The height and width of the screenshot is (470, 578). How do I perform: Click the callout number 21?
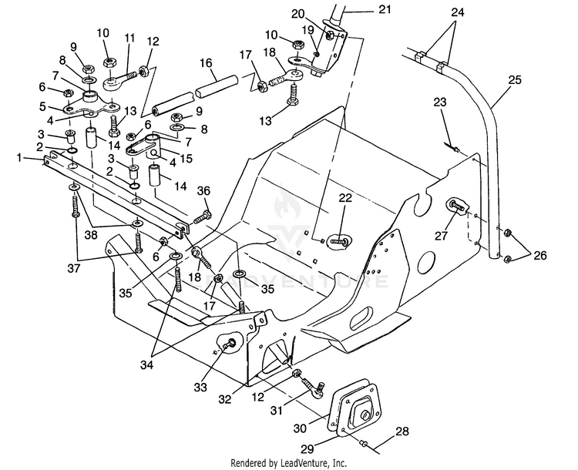coord(385,9)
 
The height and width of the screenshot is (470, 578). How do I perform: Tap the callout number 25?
coord(516,79)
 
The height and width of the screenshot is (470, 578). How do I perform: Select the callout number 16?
coord(206,63)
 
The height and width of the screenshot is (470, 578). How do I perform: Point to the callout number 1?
coord(19,158)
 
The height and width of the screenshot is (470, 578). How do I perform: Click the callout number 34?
coord(146,365)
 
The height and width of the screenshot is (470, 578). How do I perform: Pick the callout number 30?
coord(300,428)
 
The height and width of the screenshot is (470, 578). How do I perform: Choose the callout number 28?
coord(402,431)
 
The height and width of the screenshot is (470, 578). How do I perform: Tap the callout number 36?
coord(203,190)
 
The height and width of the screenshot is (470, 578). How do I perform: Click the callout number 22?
coord(345,198)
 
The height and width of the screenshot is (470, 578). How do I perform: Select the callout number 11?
coord(129,38)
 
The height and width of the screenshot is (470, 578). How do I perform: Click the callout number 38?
coord(91,235)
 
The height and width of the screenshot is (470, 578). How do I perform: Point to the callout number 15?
coord(187,158)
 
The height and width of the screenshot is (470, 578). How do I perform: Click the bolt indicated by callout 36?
coord(201,217)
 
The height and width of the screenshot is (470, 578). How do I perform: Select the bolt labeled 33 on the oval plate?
coord(230,344)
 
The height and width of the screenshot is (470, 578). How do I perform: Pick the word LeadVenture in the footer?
coord(301,462)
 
